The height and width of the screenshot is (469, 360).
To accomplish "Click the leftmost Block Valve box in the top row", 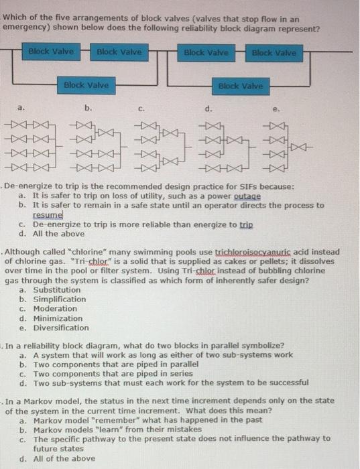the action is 51,52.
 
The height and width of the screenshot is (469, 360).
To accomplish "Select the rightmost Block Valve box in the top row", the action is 273,52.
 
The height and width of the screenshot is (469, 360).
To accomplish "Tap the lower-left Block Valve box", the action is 86,85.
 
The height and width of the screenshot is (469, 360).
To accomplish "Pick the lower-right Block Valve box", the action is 240,86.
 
